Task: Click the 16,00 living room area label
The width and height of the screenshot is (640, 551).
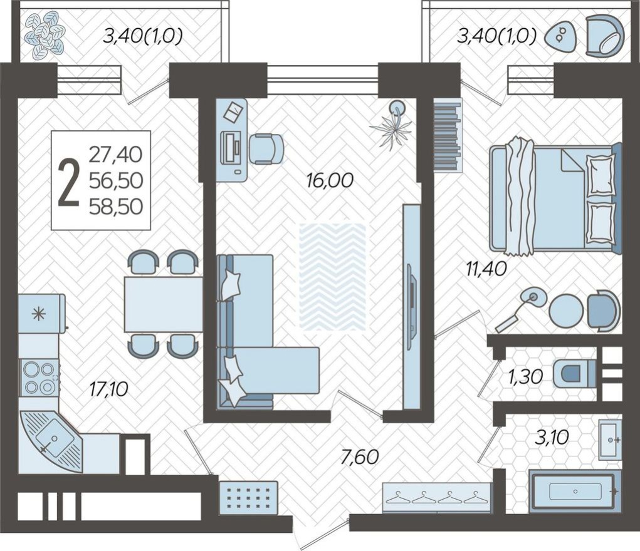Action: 330,180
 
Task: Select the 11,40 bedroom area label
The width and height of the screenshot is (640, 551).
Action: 485,269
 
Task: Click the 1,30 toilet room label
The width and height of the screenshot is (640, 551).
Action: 525,376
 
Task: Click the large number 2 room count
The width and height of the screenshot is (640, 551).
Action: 68,182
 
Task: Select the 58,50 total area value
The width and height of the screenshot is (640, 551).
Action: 115,205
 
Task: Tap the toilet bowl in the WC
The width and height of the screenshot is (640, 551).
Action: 575,374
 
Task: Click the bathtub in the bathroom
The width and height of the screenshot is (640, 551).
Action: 572,492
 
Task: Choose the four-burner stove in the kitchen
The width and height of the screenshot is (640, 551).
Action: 38,378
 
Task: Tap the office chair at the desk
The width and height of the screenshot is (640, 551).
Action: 266,148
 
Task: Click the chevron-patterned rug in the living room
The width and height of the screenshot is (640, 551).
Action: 332,276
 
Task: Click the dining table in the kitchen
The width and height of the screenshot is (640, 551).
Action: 163,304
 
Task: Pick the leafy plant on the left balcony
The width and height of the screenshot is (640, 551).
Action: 45,36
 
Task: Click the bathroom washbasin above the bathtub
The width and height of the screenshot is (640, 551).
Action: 609,439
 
